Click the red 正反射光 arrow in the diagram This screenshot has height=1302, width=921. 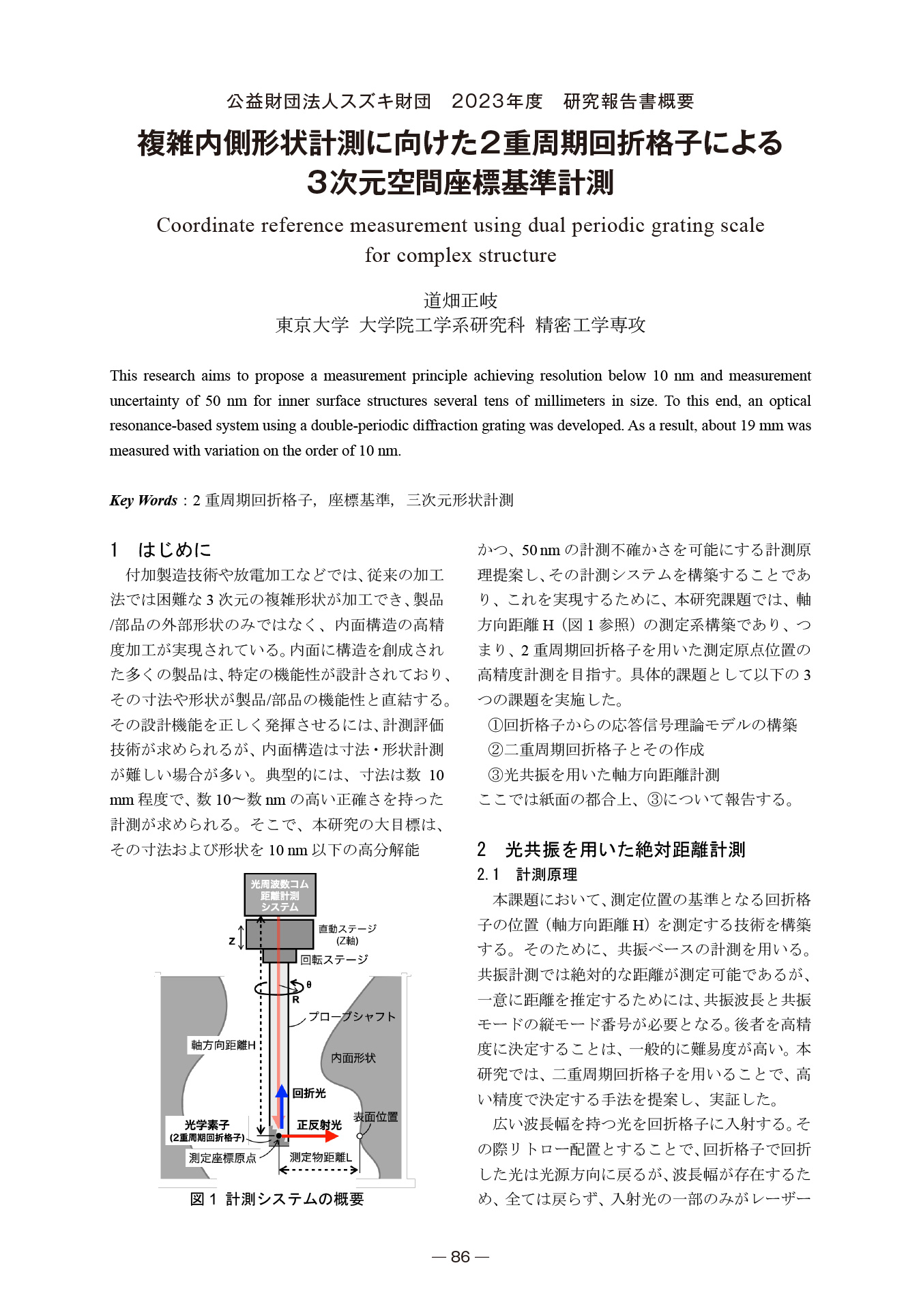(x=310, y=1136)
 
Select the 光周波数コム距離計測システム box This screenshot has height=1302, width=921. (x=280, y=896)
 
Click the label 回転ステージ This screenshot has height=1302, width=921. (x=334, y=960)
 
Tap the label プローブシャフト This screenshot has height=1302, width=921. (x=352, y=1016)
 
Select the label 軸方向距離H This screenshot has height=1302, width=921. (x=223, y=1045)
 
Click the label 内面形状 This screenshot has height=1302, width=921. (x=353, y=1058)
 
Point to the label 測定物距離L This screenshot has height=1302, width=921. (x=321, y=1157)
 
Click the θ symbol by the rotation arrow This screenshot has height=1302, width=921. (x=309, y=985)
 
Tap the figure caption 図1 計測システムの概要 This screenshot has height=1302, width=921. (x=277, y=1199)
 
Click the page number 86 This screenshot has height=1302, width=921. (x=460, y=1257)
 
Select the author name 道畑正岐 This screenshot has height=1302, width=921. (x=460, y=300)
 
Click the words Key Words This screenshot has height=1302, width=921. (x=143, y=501)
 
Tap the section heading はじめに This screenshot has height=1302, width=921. (x=175, y=550)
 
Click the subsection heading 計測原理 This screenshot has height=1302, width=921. (x=546, y=874)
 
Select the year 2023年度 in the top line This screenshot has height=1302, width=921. (x=497, y=102)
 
